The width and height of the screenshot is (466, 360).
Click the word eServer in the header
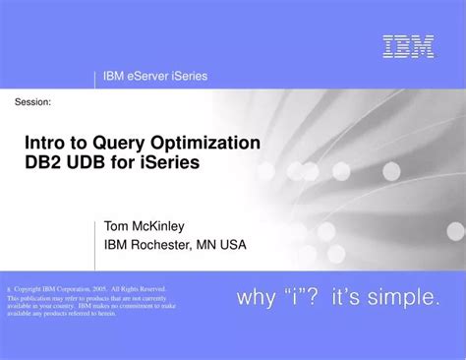148,77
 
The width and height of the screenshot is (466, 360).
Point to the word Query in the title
118,143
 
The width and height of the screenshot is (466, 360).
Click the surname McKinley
168,225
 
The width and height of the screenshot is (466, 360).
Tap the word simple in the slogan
406,298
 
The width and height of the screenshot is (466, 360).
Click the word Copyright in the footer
31,289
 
